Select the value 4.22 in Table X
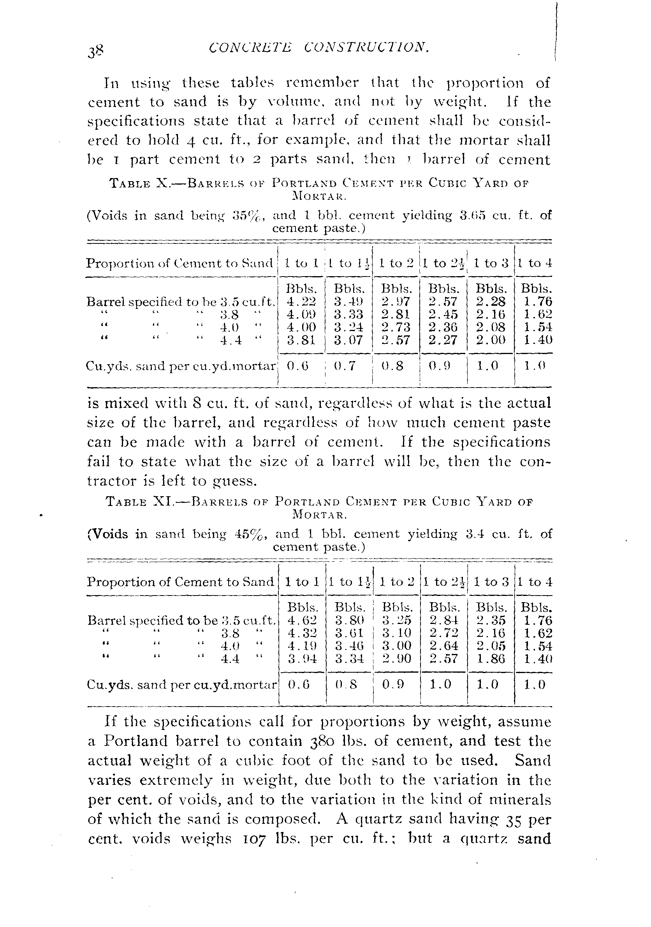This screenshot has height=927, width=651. (301, 301)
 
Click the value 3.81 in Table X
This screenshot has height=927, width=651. (301, 340)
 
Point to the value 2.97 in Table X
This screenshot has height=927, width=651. (396, 301)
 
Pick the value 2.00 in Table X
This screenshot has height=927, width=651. (490, 340)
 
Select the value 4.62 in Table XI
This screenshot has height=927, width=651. (302, 620)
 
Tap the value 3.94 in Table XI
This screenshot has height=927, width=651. (302, 659)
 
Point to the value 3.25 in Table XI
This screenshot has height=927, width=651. (397, 620)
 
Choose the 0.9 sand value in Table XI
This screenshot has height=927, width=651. (393, 684)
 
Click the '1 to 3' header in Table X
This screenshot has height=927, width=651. (491, 263)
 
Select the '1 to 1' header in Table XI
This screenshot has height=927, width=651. (302, 582)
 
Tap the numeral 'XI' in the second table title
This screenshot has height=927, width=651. (163, 502)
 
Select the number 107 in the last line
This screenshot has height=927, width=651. (253, 839)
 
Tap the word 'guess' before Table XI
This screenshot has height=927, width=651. (233, 481)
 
